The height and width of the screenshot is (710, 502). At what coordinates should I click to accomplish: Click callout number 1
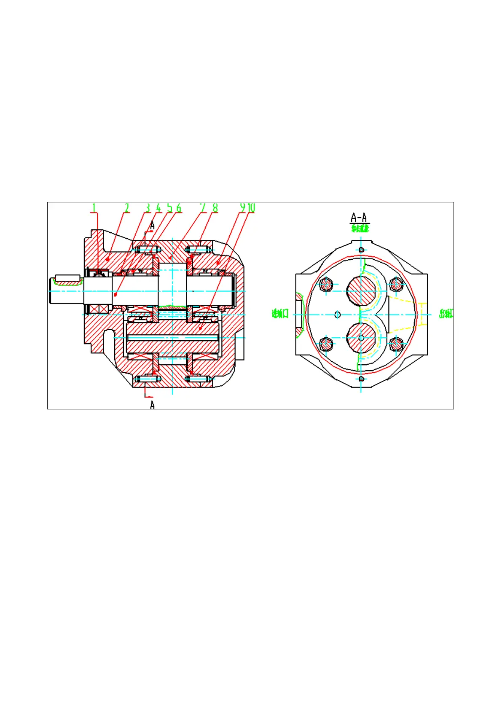(94, 207)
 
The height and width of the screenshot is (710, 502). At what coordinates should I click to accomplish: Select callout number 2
(126, 207)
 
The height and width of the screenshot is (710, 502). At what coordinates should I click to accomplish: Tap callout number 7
(203, 207)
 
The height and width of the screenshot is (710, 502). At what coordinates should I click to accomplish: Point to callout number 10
(251, 207)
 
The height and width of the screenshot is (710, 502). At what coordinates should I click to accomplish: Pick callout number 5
(169, 207)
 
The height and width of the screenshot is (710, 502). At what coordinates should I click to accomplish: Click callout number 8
(215, 207)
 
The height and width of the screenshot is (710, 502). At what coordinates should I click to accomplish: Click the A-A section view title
(359, 218)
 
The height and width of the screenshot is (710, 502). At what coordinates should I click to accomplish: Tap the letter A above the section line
(152, 225)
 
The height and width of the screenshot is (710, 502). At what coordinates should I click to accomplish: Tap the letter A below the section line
(152, 405)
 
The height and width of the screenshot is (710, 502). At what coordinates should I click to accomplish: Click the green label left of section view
(280, 314)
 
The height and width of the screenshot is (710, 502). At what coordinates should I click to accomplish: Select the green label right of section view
(446, 314)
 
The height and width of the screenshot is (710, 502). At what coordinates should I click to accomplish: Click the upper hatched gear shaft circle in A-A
(361, 291)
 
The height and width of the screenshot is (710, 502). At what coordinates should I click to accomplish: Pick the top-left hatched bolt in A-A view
(326, 285)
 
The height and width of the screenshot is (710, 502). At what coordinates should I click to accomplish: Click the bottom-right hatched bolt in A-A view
(396, 344)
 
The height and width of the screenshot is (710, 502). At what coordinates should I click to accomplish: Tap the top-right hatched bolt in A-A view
(396, 285)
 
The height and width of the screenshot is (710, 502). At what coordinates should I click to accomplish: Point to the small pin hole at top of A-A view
(361, 250)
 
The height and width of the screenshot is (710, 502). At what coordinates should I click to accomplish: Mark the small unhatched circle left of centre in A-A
(337, 315)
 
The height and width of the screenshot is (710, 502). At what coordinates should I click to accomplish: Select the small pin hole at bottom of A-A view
(361, 379)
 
